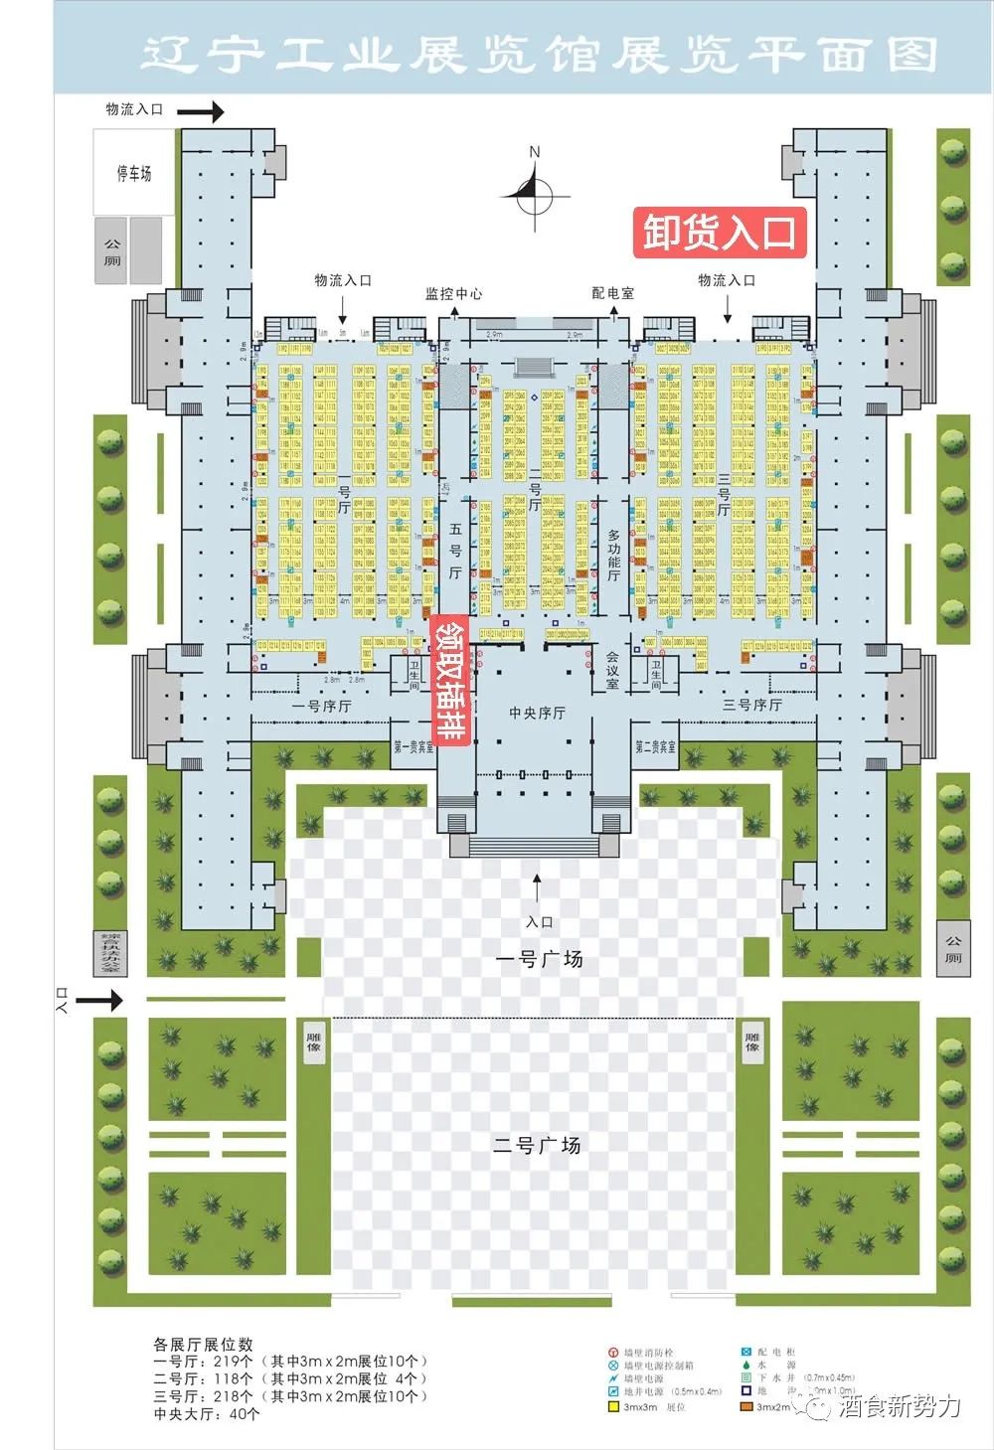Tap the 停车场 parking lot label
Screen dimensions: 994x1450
(133, 174)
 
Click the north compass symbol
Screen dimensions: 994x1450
(535, 192)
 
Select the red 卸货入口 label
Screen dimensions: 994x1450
(719, 233)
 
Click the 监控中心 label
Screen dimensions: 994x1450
(453, 293)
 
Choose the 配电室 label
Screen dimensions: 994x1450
(612, 293)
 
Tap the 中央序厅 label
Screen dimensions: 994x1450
(537, 713)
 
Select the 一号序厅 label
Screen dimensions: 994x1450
(321, 706)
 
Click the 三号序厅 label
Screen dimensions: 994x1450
(751, 705)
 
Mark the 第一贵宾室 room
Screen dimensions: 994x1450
(414, 746)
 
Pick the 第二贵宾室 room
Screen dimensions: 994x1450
(655, 746)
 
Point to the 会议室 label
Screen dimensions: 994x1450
(612, 670)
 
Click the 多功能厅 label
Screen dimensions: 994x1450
(613, 555)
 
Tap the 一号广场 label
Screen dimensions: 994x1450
(539, 959)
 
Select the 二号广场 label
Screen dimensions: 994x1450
(537, 1145)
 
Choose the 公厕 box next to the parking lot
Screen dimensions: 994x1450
(111, 251)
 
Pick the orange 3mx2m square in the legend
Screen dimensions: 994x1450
(745, 1406)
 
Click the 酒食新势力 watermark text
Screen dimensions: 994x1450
(900, 1406)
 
